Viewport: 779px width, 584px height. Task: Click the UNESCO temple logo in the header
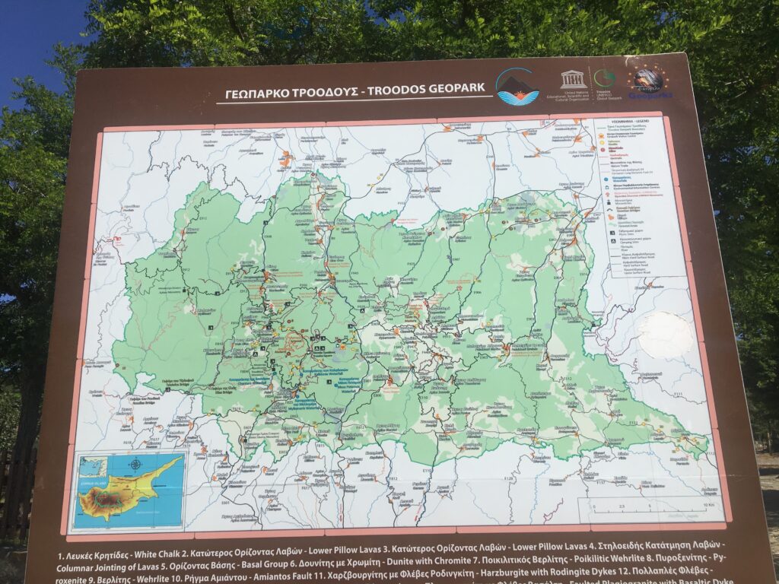click(572, 80)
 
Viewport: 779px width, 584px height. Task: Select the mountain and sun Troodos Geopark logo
click(517, 86)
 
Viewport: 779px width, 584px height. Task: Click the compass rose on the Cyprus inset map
click(135, 464)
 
